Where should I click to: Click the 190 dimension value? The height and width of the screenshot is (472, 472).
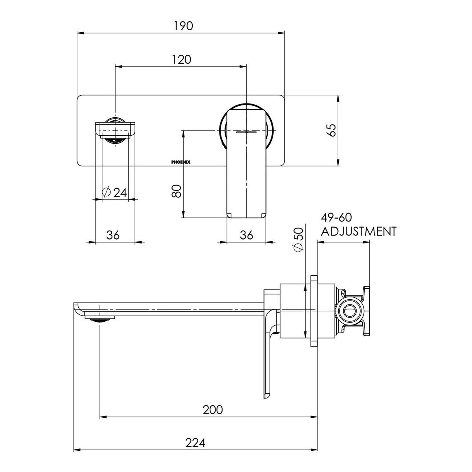(183, 26)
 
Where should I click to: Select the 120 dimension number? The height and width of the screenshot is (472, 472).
(181, 59)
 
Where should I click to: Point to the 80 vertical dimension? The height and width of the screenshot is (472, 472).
(176, 191)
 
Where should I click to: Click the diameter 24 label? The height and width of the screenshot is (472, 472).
(114, 192)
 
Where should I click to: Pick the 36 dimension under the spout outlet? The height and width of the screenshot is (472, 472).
(113, 235)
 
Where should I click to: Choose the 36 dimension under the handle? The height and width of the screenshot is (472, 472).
(246, 235)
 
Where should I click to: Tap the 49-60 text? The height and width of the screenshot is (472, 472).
(336, 217)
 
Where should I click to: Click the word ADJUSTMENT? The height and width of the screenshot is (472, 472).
(359, 231)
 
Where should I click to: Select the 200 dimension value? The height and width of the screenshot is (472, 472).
(213, 409)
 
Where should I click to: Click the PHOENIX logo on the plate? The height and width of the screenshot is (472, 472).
(181, 162)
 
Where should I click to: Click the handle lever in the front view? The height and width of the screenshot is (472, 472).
(246, 164)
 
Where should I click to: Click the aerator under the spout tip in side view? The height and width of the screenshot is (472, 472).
(100, 319)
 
